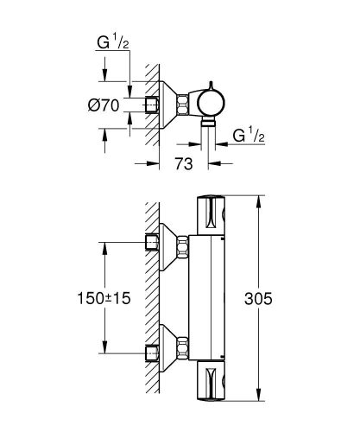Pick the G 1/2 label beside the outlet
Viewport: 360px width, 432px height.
[x=249, y=135]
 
